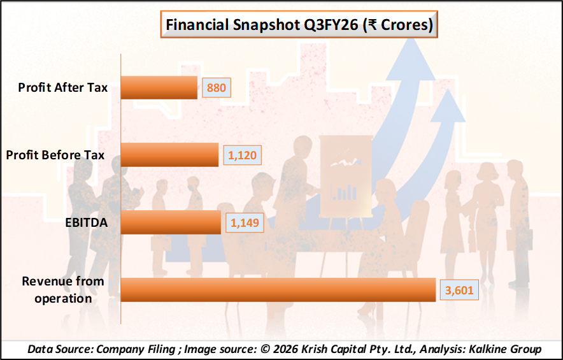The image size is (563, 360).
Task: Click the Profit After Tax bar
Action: click(159, 88)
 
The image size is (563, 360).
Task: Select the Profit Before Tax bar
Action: click(169, 155)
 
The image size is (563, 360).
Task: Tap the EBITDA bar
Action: click(171, 222)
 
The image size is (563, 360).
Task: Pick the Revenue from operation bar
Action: click(278, 289)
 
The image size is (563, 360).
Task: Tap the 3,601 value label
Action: click(459, 289)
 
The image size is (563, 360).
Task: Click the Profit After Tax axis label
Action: click(63, 87)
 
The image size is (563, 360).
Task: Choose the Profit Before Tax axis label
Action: click(55, 155)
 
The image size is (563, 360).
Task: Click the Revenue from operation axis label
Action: click(63, 290)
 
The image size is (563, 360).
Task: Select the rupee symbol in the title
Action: click(372, 25)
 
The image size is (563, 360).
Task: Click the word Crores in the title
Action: click(404, 25)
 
